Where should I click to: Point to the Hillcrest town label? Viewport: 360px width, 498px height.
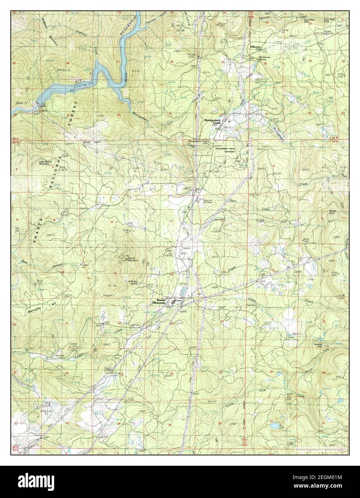[257, 47]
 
